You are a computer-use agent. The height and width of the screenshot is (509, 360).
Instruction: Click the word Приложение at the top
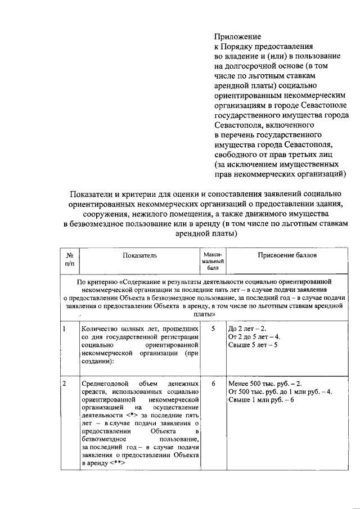click(x=237, y=37)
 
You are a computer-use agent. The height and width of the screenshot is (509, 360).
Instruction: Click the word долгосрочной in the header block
click(x=251, y=66)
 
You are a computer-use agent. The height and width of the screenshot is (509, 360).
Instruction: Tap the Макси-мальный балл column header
click(x=213, y=260)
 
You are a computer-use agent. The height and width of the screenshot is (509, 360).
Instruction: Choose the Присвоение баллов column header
click(x=287, y=255)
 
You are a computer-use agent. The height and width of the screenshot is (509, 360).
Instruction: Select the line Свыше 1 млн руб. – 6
click(x=261, y=400)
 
